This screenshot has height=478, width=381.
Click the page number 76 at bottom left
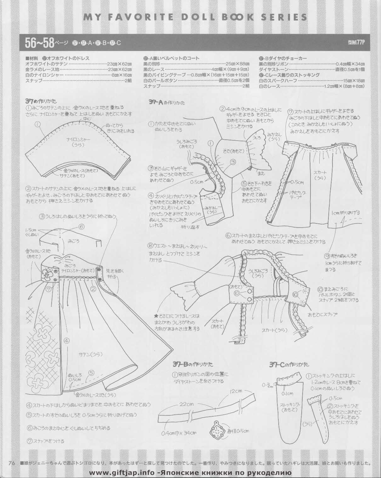point(13,463)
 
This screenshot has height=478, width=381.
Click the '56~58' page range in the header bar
point(39,43)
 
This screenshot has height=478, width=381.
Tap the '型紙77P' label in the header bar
point(356,43)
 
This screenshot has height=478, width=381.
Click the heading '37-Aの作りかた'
point(167,103)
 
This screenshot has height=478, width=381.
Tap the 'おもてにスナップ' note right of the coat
point(323,314)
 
